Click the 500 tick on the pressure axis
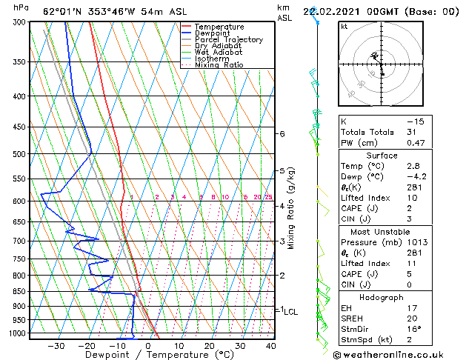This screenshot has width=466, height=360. [21, 154]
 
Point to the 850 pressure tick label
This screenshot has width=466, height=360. [21, 291]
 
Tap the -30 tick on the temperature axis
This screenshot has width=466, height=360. [56, 345]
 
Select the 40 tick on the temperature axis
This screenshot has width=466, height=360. [270, 345]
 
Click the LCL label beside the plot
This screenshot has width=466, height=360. [290, 312]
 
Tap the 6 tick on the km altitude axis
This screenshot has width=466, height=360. [282, 134]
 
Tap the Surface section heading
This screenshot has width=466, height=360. [382, 156]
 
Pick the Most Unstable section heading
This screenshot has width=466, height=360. [382, 231]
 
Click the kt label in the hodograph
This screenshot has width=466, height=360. [344, 26]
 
